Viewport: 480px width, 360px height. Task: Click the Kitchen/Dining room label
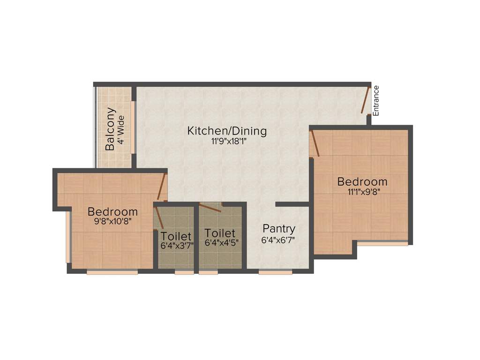coord(227,131)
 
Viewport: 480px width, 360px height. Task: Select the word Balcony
coord(110,129)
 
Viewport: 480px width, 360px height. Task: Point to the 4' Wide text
coord(121,129)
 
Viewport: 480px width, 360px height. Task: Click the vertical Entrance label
coord(375,100)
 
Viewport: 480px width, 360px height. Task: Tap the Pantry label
coord(279,229)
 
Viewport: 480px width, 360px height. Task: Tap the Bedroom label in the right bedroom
coord(362,181)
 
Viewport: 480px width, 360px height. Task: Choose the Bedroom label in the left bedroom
coord(112,211)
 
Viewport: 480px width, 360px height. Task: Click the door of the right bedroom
coord(315,143)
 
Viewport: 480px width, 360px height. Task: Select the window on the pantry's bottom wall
coord(275,271)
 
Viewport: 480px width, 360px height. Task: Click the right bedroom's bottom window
coord(382,243)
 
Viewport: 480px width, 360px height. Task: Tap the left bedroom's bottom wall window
coord(112,271)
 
